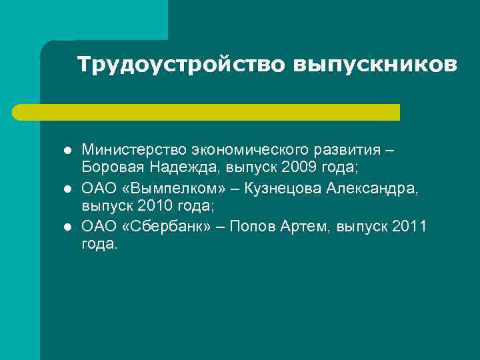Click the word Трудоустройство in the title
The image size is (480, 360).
[181, 65]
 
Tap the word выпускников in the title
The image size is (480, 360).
[375, 65]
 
